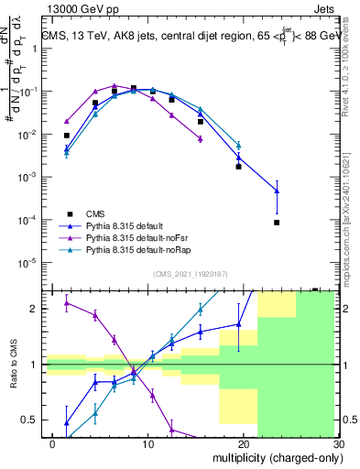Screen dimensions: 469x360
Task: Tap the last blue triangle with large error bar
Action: [276, 191]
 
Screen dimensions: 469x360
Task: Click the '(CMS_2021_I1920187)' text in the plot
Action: [191, 273]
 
